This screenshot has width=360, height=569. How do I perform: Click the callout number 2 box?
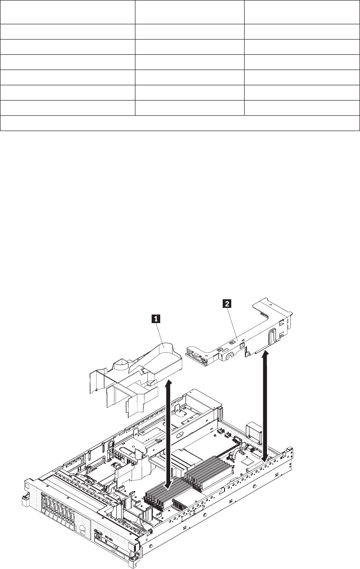228,303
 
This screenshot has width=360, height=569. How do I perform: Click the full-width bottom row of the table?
180,123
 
